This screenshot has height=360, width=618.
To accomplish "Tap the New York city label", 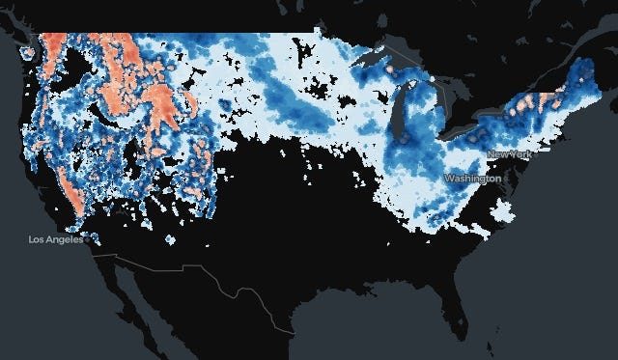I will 508,154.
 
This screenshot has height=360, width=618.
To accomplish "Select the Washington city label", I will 472,179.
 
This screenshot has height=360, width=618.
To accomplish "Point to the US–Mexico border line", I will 193,269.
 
